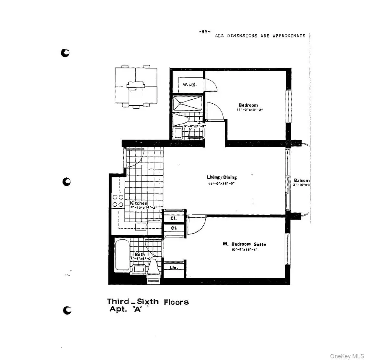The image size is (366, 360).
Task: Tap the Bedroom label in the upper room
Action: [248, 105]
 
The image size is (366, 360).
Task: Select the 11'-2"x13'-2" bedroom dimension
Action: [248, 110]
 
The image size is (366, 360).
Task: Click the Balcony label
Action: [302, 180]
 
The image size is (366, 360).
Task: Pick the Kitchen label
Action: [139, 203]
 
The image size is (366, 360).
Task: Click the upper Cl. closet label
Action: [173, 218]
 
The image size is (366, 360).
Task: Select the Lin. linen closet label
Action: [173, 268]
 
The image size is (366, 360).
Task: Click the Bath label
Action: [139, 254]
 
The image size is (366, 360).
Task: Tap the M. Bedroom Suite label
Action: [244, 244]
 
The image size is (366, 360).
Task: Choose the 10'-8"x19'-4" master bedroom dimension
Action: [244, 249]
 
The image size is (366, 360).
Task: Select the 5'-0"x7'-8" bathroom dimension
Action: [195, 126]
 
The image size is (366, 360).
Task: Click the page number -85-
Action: [204, 32]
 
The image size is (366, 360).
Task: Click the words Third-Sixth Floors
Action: [148, 302]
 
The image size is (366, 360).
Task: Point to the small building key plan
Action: [136, 86]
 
